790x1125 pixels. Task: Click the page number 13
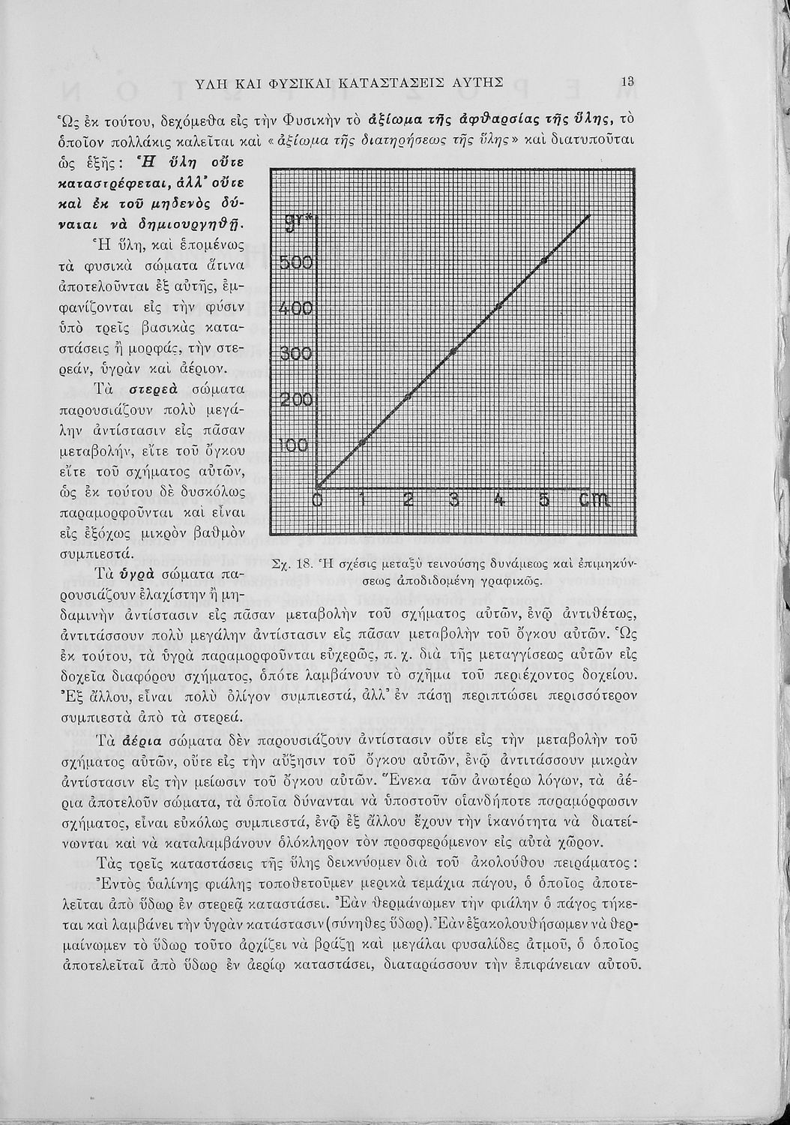[628, 82]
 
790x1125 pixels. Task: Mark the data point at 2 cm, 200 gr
[408, 396]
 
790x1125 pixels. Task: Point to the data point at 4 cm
[499, 305]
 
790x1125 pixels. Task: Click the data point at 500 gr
[545, 259]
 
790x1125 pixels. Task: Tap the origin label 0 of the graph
[317, 500]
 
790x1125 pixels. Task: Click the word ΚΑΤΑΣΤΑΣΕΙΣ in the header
[398, 82]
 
